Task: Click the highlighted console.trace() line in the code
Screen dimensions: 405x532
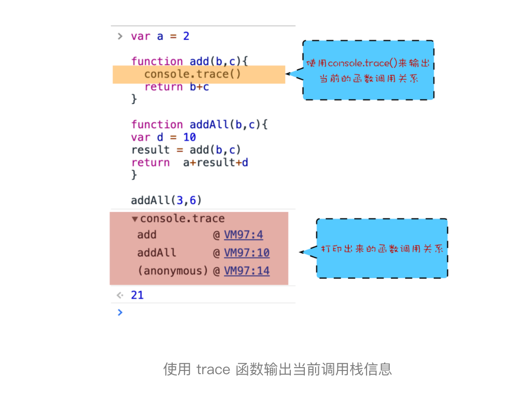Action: pos(193,74)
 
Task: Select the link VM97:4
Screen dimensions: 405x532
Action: pos(243,235)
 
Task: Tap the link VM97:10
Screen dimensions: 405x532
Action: pos(246,253)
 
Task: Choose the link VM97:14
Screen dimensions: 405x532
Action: pos(246,271)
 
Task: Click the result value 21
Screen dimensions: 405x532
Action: pos(137,296)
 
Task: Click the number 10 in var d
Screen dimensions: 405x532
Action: pos(189,137)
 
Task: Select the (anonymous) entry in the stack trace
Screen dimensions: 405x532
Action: pos(173,271)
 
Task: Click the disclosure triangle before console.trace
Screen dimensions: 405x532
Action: pos(135,219)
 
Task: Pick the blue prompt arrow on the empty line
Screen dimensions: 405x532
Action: pos(120,312)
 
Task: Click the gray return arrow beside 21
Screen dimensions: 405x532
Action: pos(120,296)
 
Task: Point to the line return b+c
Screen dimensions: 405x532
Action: pos(176,87)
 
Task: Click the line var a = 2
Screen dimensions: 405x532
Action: pos(160,36)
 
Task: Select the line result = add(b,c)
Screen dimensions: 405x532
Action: pos(186,150)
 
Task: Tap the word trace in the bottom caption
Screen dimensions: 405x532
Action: pos(213,369)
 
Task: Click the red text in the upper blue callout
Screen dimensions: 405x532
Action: pos(368,71)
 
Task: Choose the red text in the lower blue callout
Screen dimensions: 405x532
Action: pos(381,249)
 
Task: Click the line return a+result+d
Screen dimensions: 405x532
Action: pos(189,163)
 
